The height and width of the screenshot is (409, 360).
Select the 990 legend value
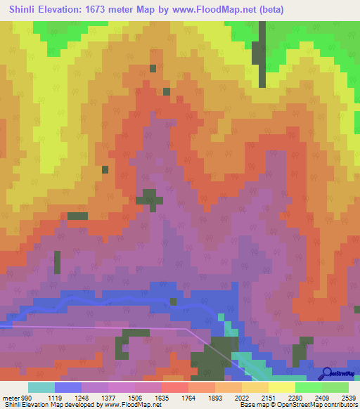26,397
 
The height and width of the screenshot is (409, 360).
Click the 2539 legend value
349,397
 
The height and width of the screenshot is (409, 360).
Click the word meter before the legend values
10,397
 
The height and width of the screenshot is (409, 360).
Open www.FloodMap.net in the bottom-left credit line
130,405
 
